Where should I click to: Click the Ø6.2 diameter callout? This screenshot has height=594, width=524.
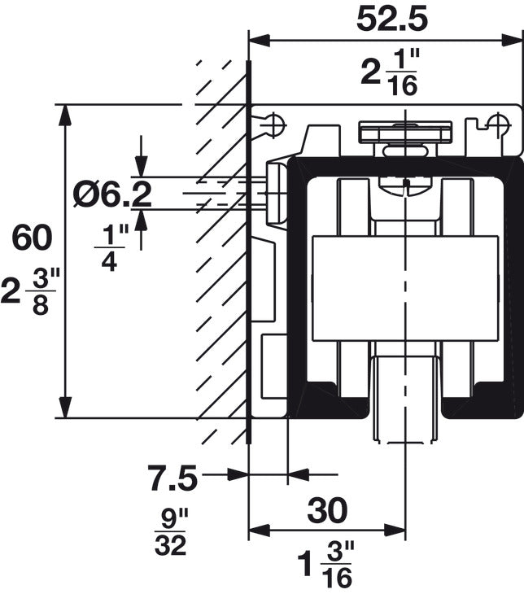[111, 194]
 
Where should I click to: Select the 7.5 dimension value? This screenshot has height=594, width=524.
[172, 478]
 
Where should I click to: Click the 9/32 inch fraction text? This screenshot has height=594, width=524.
[172, 532]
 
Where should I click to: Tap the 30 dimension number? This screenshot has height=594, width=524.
[326, 510]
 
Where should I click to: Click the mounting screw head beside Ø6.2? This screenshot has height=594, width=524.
[275, 192]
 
